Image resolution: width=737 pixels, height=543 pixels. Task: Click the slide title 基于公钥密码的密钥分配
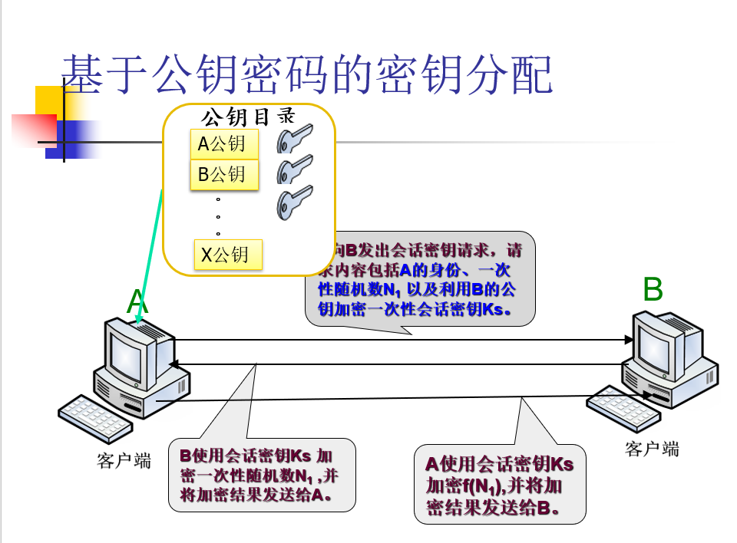click(306, 74)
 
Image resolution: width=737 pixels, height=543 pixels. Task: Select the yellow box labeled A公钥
click(224, 143)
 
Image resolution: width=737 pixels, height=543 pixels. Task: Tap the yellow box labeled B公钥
click(224, 174)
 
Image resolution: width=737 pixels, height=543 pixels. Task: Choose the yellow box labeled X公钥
click(228, 255)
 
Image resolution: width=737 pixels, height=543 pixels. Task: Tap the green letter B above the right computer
click(652, 290)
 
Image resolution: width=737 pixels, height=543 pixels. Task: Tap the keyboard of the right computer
click(622, 407)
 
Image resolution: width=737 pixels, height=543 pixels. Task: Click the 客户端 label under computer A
click(124, 460)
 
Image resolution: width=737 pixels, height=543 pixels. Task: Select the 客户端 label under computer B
click(652, 449)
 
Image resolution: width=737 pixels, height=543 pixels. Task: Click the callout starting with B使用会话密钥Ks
click(262, 474)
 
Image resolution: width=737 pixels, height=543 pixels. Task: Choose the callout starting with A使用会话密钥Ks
click(500, 485)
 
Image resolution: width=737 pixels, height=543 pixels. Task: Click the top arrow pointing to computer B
click(399, 340)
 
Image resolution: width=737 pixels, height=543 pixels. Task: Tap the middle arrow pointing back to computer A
click(399, 363)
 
